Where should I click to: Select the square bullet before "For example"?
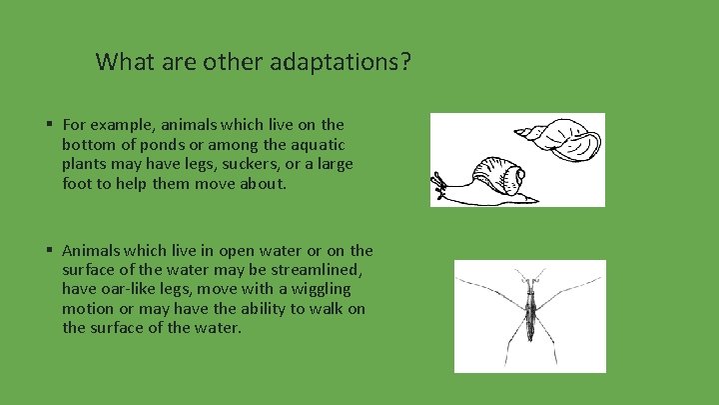pos(48,125)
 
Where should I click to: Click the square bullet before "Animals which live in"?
pos(48,251)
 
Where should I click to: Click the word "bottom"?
pos(87,145)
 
